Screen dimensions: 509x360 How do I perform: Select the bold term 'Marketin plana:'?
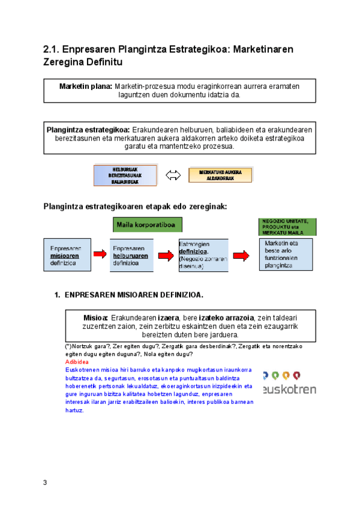[x=86, y=86]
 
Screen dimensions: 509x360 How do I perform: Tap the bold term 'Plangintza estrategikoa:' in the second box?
[x=88, y=129]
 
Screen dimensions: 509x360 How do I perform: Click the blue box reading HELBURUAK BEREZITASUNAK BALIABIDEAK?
[x=125, y=175]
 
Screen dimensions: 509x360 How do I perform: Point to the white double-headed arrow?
[x=173, y=175]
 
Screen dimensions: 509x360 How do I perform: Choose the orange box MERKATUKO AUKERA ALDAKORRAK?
[x=220, y=175]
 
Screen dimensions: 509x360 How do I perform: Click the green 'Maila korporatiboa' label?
[x=148, y=225]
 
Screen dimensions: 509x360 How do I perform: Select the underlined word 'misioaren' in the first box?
[x=64, y=256]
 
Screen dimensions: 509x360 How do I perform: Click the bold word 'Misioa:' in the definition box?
[x=95, y=317]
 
